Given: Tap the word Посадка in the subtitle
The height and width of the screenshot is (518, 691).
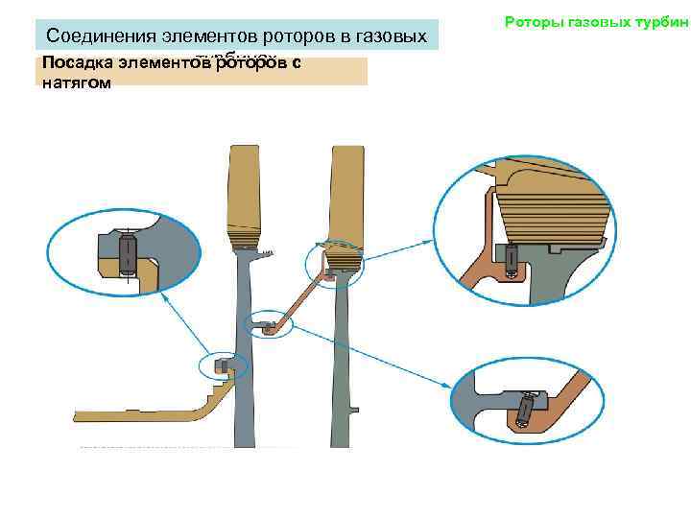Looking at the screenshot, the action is coord(73,64).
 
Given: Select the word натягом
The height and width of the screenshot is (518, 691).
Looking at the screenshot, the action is coord(77,83).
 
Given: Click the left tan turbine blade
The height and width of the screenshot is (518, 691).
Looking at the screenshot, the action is coord(244,192).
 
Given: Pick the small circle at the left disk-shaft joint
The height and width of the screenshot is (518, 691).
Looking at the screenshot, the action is coord(224,366).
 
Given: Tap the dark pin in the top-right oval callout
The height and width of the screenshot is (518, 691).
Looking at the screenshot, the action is coord(512,255).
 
